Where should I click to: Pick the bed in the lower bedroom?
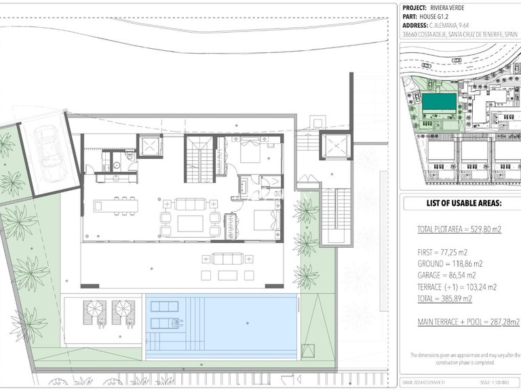(265, 221)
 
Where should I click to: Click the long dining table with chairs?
(115, 205)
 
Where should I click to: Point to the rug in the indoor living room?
(190, 223)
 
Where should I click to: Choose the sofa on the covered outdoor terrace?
(227, 259)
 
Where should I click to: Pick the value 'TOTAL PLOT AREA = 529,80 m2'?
(459, 230)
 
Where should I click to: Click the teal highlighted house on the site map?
(439, 103)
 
